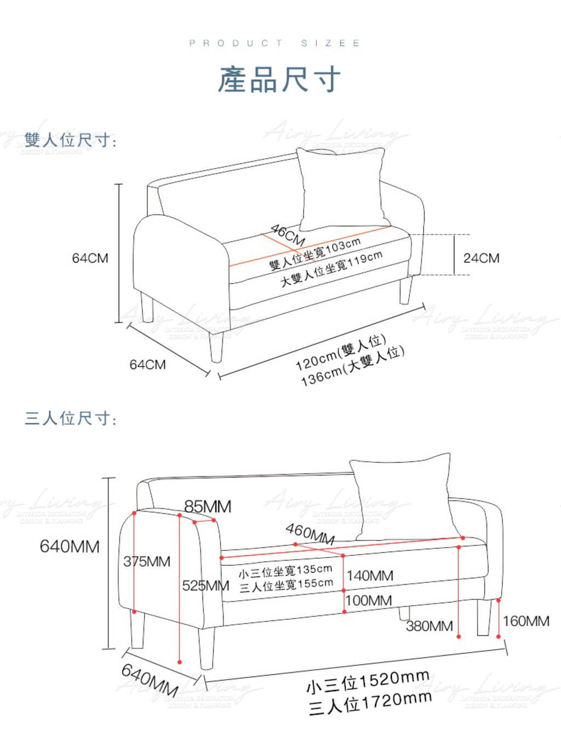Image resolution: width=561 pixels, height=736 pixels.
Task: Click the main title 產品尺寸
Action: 279,80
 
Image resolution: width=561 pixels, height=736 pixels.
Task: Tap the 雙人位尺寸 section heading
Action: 71,140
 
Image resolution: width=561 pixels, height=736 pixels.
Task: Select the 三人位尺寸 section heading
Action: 71,418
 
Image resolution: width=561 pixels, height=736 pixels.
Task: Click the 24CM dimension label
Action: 481,258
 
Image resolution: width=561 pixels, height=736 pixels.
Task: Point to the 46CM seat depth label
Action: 288,234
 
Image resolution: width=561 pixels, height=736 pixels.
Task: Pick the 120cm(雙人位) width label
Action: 341,352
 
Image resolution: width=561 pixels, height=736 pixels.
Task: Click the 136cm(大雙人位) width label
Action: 352,366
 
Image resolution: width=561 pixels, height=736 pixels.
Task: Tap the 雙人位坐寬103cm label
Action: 315,254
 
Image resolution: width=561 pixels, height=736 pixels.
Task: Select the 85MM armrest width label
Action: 208,507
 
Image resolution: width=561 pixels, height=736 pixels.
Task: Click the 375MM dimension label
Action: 147,561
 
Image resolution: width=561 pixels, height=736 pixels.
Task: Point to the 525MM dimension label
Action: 205,585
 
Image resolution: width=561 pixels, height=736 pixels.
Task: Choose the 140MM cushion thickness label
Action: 370,576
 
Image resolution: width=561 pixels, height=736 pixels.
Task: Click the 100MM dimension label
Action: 369,600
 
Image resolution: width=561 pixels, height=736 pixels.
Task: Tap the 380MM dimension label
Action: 430,626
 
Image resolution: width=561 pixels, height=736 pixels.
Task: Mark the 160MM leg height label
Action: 526,621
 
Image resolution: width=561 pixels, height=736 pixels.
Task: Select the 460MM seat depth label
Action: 310,533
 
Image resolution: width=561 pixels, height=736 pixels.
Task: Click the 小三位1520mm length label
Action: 367,682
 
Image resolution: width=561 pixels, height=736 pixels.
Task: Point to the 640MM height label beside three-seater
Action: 70,546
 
